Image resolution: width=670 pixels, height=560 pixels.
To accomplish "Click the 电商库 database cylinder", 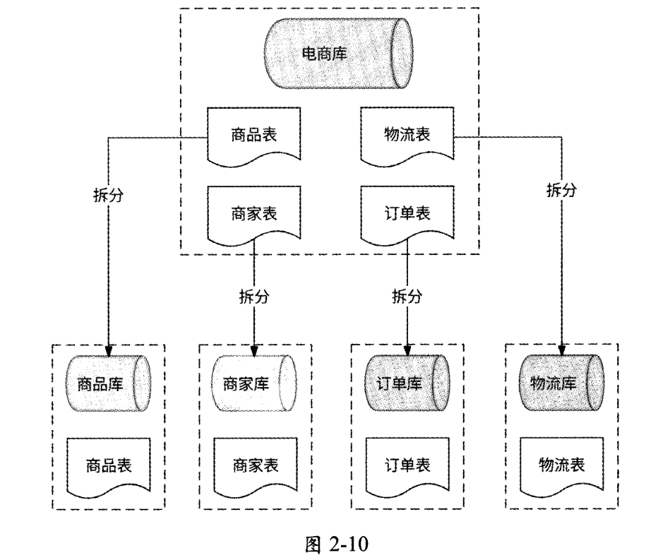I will coord(337,54).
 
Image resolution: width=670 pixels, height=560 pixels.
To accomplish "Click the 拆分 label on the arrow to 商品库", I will coord(108,196).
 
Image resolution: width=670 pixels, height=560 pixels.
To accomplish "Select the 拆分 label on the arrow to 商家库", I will coord(254,297).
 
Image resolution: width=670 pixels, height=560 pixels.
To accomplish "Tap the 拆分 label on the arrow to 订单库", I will coord(407,297).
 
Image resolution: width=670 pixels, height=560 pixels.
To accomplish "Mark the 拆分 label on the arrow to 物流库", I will coord(562,190).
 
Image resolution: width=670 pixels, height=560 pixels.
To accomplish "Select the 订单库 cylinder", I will coord(407,384).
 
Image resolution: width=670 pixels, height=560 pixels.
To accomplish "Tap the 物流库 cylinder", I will coord(562,384).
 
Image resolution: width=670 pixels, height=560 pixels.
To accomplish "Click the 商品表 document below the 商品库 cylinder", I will coord(109,465).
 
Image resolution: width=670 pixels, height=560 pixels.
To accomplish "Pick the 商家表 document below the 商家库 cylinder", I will coord(255,465).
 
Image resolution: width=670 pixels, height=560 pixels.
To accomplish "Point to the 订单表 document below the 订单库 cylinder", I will coord(407,465).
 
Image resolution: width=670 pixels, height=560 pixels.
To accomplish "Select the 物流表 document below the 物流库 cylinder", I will coord(562,465).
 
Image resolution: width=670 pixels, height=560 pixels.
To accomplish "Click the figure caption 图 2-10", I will coord(335,545).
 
